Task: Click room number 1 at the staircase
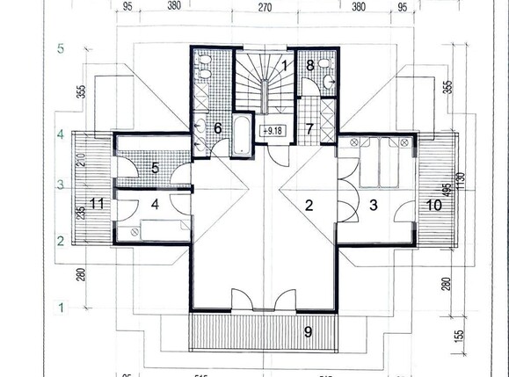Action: (286, 64)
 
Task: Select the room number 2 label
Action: (308, 206)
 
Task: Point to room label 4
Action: (154, 205)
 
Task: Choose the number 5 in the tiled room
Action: (154, 167)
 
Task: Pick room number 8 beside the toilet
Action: (310, 65)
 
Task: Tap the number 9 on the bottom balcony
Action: (307, 332)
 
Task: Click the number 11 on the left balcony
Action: (97, 205)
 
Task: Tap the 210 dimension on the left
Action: (81, 161)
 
